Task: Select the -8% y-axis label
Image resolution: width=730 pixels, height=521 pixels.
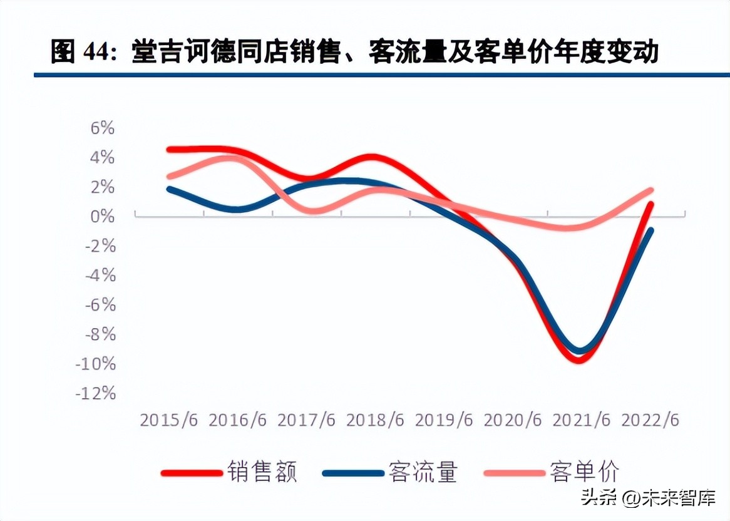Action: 100,334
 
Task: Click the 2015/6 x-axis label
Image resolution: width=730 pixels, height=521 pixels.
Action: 169,420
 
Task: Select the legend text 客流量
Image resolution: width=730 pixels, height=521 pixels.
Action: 423,472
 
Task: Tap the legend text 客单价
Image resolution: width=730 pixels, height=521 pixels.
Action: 585,472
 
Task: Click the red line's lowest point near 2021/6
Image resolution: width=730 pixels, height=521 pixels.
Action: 578,360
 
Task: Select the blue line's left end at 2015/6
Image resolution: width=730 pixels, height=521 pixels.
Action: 169,188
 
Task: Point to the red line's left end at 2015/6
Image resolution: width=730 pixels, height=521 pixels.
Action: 170,150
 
